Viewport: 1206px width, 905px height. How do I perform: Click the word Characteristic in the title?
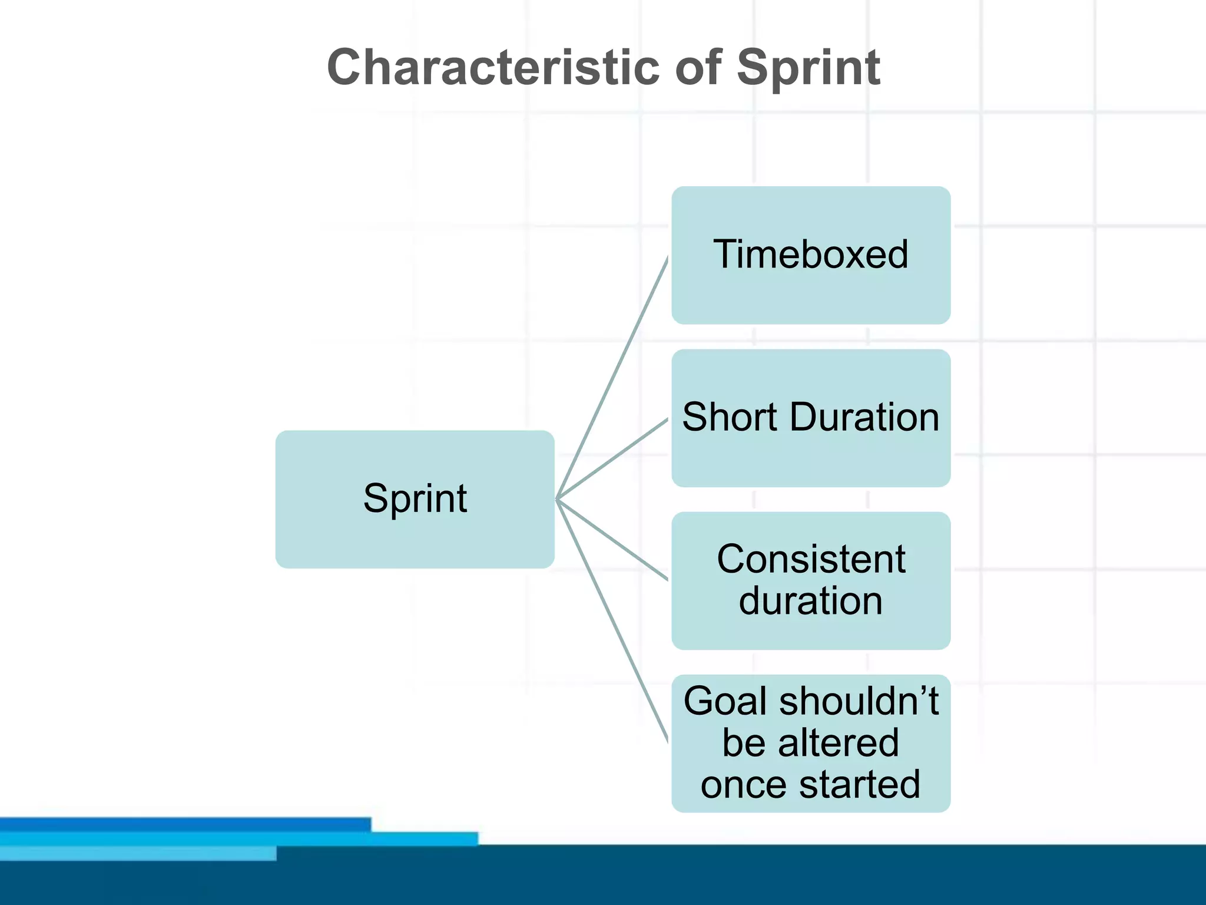click(x=493, y=68)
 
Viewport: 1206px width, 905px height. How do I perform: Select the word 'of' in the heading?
click(x=698, y=68)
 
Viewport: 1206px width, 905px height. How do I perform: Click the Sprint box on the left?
click(x=415, y=499)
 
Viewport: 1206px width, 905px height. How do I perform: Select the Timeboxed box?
click(x=810, y=255)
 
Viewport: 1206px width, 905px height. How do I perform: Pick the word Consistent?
click(x=810, y=559)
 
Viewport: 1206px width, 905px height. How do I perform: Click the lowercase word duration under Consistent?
click(x=810, y=602)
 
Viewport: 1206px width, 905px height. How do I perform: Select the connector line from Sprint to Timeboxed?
click(x=612, y=377)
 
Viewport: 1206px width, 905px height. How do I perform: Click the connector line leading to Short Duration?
click(x=612, y=458)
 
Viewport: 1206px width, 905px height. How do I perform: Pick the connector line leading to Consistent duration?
click(x=612, y=540)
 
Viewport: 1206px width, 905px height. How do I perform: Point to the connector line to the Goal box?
click(x=612, y=621)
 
